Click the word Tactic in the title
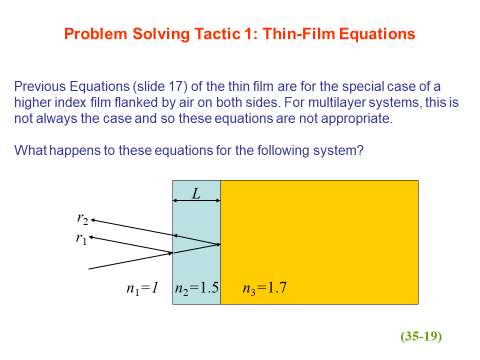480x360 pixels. (x=217, y=34)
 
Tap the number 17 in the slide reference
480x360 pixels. (x=176, y=86)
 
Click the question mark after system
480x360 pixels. (x=360, y=150)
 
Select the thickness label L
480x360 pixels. (x=196, y=193)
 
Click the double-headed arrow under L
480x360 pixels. (x=196, y=201)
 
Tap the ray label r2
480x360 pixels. (x=83, y=219)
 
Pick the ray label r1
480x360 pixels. (x=81, y=238)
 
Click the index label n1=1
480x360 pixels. (x=142, y=288)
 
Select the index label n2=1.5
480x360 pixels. (x=197, y=288)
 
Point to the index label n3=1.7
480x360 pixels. (x=265, y=288)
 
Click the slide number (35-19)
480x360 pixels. (x=421, y=336)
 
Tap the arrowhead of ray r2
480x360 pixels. (x=92, y=220)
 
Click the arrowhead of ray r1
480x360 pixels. (x=90, y=237)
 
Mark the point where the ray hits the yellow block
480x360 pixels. (x=220, y=244)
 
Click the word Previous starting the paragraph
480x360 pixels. (x=40, y=86)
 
